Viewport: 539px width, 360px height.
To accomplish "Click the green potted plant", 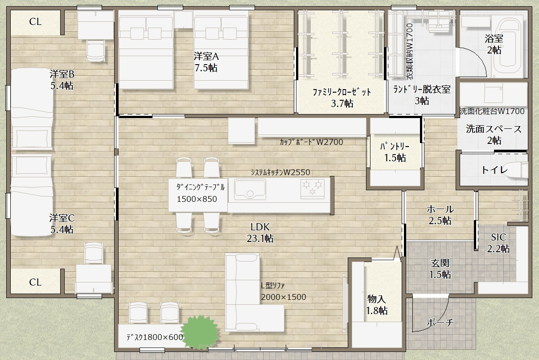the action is (199, 332).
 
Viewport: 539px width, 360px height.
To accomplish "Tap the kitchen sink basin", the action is (250, 189).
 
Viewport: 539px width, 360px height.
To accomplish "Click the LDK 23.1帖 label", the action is (260, 233).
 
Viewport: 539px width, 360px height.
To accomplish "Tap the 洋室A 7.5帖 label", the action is (206, 62).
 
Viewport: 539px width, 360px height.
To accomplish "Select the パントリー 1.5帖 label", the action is (395, 152).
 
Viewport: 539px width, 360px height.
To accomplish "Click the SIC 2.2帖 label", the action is (498, 243).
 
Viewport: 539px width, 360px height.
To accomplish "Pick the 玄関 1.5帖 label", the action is (440, 269).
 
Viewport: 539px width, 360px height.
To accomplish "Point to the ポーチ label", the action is (440, 323).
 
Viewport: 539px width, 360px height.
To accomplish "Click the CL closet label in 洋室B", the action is (35, 22).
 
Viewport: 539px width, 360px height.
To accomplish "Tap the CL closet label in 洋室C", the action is (35, 282).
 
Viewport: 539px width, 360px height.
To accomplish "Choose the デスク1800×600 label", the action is (155, 337).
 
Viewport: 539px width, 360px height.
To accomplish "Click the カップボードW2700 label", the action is (311, 142).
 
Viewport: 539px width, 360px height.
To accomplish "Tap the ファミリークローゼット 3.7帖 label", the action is (342, 98).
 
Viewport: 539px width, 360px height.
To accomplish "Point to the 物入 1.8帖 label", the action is (377, 305).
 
